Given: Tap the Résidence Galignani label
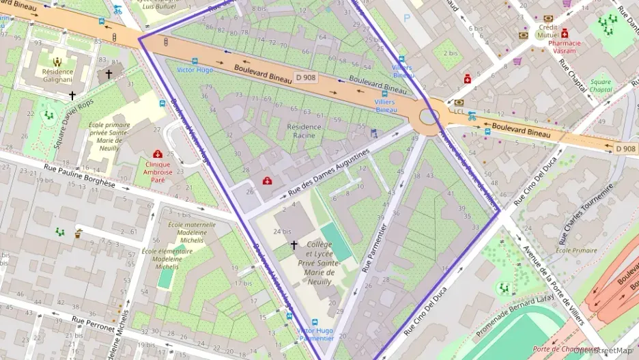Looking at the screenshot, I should [57, 75].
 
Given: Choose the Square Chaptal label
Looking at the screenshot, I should [601, 86].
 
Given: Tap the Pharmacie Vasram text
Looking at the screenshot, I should [564, 46].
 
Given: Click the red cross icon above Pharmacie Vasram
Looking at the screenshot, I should [565, 33].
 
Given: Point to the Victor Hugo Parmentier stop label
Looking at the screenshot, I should [315, 333].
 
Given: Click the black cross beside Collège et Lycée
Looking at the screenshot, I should [294, 244].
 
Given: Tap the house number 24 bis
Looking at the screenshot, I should [282, 231].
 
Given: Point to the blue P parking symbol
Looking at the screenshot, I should [408, 18].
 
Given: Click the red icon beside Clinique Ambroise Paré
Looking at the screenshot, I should [158, 155].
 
